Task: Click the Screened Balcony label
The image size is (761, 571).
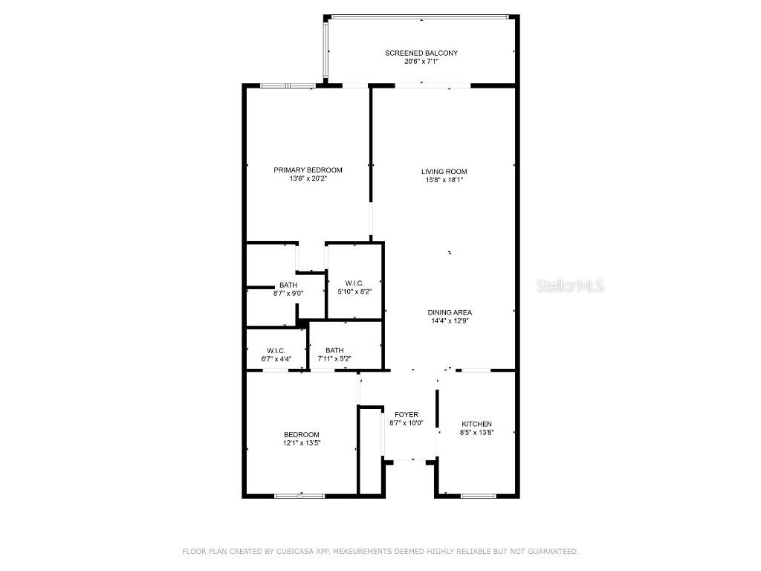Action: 421,53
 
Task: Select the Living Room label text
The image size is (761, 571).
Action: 444,172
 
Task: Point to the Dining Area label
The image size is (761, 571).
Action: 450,312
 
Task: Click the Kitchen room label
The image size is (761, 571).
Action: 476,424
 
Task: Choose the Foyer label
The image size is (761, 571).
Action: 407,414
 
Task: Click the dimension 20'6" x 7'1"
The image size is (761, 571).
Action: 421,62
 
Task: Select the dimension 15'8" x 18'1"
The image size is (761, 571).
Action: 444,180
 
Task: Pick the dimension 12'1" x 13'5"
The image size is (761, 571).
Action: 301,443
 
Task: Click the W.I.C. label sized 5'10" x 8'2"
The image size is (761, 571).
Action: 354,283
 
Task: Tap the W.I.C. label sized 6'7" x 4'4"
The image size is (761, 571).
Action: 276,350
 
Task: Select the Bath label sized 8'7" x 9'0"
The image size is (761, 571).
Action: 288,285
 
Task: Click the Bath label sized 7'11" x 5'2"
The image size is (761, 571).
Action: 334,350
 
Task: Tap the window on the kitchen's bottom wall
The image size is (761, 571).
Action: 478,496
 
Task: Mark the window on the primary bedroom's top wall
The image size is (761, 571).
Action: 288,86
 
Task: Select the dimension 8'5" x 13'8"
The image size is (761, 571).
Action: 476,433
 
